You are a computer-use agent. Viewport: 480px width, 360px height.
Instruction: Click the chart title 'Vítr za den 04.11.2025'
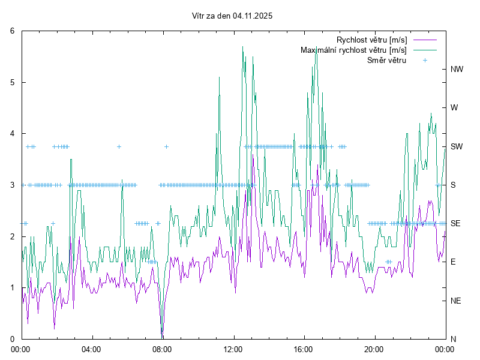click(232, 16)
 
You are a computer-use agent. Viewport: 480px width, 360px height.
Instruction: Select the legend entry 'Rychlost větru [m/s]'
click(371, 40)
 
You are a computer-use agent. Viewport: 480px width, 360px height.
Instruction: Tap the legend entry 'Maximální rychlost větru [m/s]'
click(353, 50)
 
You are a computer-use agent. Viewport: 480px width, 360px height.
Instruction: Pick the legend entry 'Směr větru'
click(386, 60)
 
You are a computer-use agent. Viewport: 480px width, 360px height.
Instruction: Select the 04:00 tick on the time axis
click(91, 349)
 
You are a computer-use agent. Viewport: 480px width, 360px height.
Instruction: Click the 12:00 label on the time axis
click(233, 349)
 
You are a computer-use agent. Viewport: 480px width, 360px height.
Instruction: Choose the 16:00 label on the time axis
click(304, 349)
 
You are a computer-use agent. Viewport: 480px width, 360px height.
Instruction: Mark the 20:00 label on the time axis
click(374, 349)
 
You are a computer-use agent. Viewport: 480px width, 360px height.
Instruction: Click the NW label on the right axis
click(457, 69)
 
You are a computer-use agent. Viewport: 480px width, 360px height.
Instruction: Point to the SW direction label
click(457, 146)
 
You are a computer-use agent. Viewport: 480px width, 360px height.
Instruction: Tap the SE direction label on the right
click(455, 223)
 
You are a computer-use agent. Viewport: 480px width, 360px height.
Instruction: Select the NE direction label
click(456, 301)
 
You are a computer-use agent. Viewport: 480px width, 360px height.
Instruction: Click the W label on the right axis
click(454, 108)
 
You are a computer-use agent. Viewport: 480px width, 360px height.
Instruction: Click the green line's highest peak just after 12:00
click(242, 47)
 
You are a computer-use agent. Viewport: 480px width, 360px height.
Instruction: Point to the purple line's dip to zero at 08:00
click(162, 338)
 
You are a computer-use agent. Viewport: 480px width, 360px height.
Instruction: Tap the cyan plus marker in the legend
click(425, 60)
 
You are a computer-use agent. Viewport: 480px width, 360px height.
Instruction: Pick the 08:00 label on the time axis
click(162, 349)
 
